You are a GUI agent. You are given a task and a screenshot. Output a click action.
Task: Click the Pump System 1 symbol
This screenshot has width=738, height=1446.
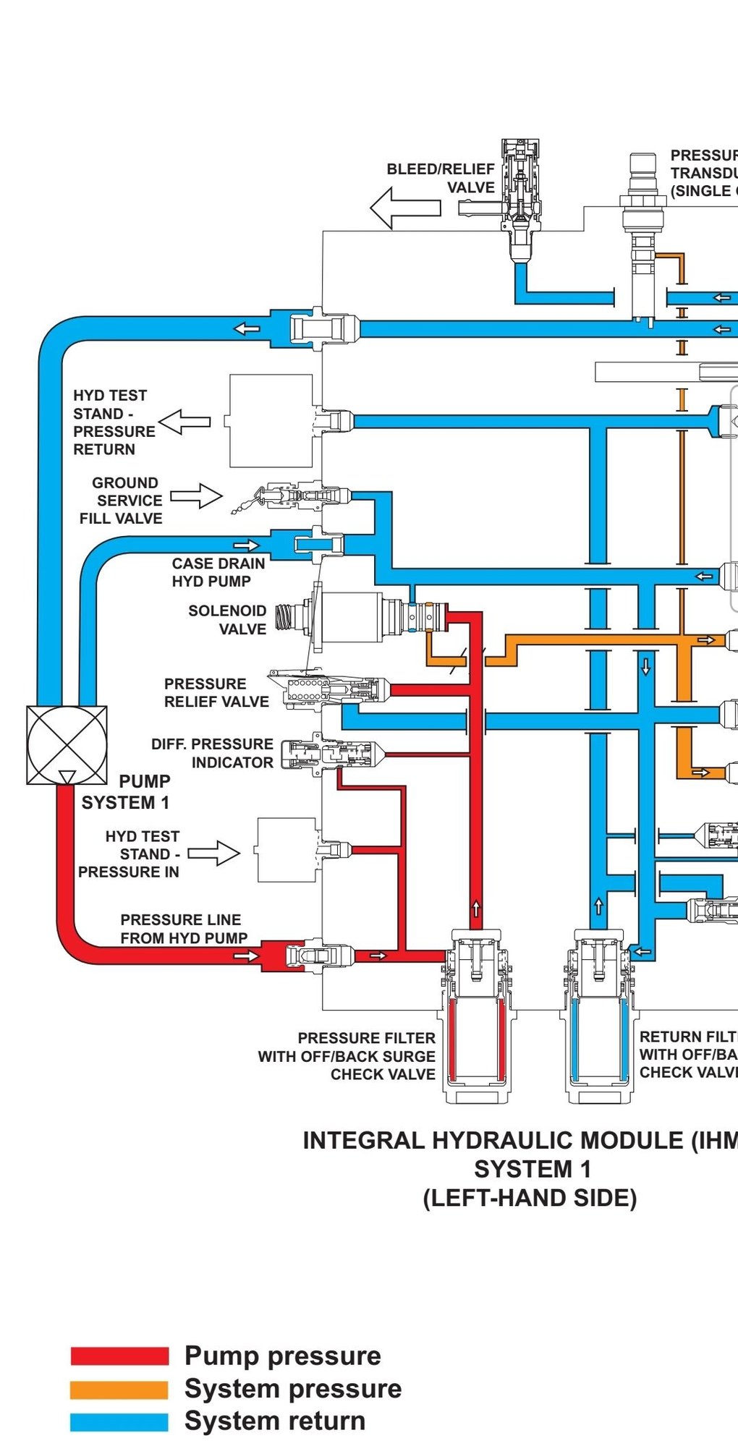click(67, 745)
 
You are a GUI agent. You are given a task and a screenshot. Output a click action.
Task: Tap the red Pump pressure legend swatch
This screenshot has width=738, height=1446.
click(119, 1356)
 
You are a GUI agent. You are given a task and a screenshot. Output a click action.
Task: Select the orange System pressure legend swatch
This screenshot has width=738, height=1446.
click(119, 1390)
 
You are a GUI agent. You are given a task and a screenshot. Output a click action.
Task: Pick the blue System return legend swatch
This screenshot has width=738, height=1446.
click(119, 1422)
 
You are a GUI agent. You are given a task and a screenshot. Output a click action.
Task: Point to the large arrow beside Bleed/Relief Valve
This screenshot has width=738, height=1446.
click(405, 208)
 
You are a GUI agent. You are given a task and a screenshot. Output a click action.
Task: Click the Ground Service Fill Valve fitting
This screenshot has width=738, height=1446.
click(297, 497)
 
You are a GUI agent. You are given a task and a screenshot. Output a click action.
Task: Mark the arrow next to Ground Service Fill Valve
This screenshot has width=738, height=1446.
click(196, 496)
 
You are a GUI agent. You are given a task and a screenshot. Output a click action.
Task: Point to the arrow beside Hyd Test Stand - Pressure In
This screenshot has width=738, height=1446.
click(214, 854)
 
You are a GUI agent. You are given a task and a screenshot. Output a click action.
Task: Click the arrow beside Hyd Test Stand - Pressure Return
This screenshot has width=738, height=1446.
click(184, 422)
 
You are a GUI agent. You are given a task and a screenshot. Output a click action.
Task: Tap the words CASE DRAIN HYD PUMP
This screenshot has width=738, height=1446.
click(218, 572)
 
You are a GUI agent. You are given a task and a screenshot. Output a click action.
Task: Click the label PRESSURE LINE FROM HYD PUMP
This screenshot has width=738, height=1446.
click(184, 929)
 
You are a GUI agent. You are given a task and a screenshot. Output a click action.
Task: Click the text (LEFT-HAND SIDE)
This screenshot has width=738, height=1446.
click(530, 1199)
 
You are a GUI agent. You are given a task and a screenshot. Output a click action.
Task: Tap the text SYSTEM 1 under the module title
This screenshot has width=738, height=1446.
click(533, 1170)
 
